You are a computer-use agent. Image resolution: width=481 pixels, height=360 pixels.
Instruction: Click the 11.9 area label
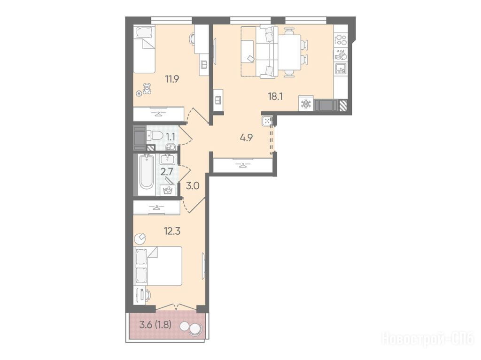[172, 79]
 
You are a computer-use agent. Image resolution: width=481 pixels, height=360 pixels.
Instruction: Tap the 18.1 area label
[275, 97]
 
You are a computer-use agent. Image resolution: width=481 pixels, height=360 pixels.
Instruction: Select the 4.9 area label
[246, 138]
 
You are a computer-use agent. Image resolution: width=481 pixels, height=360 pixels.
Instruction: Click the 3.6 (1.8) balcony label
[155, 324]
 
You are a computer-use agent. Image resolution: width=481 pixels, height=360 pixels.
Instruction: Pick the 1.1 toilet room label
[171, 137]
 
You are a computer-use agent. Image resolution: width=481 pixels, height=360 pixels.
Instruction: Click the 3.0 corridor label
[193, 186]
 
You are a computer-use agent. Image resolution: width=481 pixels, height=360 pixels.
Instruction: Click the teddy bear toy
[147, 89]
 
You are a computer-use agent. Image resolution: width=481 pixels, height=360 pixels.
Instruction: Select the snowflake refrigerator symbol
[305, 104]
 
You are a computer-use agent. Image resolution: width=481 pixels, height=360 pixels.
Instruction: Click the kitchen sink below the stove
[341, 69]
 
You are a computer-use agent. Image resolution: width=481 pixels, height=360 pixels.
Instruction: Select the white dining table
[289, 53]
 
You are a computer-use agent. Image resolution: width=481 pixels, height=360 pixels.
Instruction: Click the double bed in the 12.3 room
[158, 266]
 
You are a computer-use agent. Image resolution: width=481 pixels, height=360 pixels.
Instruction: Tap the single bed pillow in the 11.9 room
[142, 32]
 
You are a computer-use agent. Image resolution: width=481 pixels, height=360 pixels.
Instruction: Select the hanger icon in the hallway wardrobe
[243, 166]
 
